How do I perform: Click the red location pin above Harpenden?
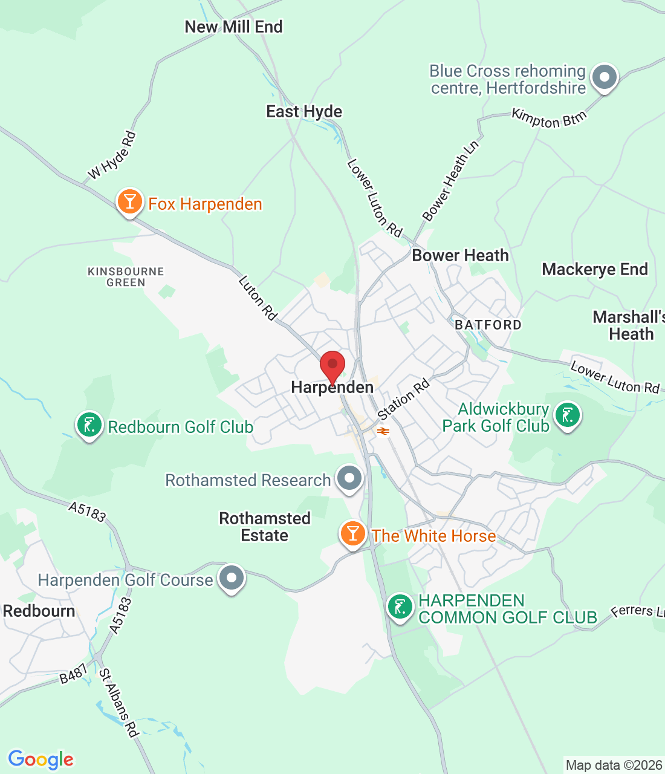pos(332,365)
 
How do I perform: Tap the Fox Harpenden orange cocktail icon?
pos(129,202)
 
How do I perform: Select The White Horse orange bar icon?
pos(352,533)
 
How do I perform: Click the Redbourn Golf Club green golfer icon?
pos(89,424)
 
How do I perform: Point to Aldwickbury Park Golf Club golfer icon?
pos(567,416)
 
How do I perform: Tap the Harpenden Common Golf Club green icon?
pos(400,607)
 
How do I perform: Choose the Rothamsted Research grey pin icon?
pos(349,478)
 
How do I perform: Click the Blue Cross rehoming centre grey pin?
pos(604,77)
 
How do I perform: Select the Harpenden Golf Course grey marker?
pos(231,578)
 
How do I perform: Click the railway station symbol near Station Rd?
pos(383,431)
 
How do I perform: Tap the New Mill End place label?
pos(233,27)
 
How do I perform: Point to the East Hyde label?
pos(304,111)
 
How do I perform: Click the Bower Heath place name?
pos(460,255)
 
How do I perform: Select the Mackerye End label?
pos(594,269)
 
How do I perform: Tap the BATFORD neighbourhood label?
pos(487,325)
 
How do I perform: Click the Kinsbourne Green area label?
pos(126,277)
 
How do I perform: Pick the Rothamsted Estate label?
pos(265,527)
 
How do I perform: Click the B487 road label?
pos(74,674)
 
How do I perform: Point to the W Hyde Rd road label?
pos(112,156)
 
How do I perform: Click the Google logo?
pos(41,759)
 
